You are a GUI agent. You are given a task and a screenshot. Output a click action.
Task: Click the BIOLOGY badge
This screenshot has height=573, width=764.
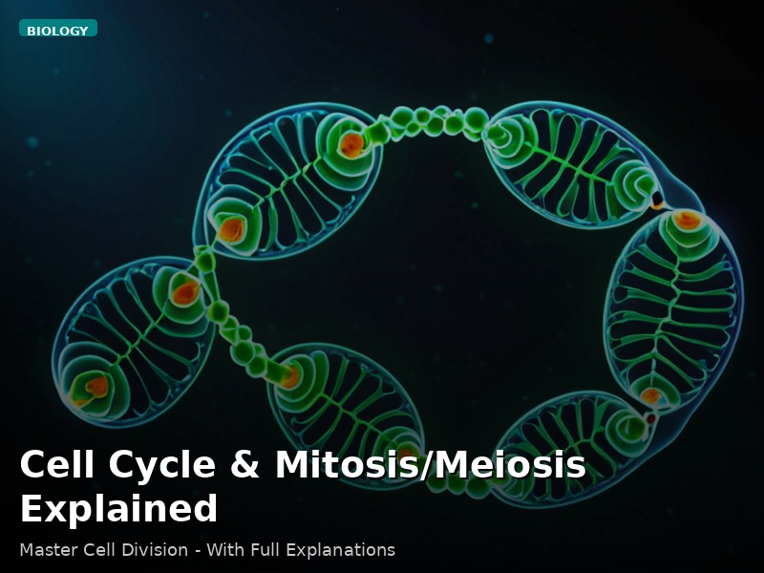[57, 30]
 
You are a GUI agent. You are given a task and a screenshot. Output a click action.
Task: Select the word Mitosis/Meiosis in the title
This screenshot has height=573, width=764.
[430, 465]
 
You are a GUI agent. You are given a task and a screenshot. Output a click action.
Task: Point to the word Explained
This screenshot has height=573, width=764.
[118, 508]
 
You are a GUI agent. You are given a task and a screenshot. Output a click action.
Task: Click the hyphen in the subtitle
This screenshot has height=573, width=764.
[194, 550]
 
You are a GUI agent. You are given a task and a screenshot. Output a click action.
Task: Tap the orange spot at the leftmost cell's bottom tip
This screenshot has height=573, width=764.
[96, 387]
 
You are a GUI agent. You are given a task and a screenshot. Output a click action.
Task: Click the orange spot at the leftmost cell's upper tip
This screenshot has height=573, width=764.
[185, 292]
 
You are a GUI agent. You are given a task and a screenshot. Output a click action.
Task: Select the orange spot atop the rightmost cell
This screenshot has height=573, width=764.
[686, 221]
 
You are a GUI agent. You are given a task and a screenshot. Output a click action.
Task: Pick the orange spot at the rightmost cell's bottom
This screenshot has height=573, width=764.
[650, 395]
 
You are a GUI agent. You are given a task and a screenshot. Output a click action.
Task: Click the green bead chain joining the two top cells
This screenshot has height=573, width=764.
[430, 121]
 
